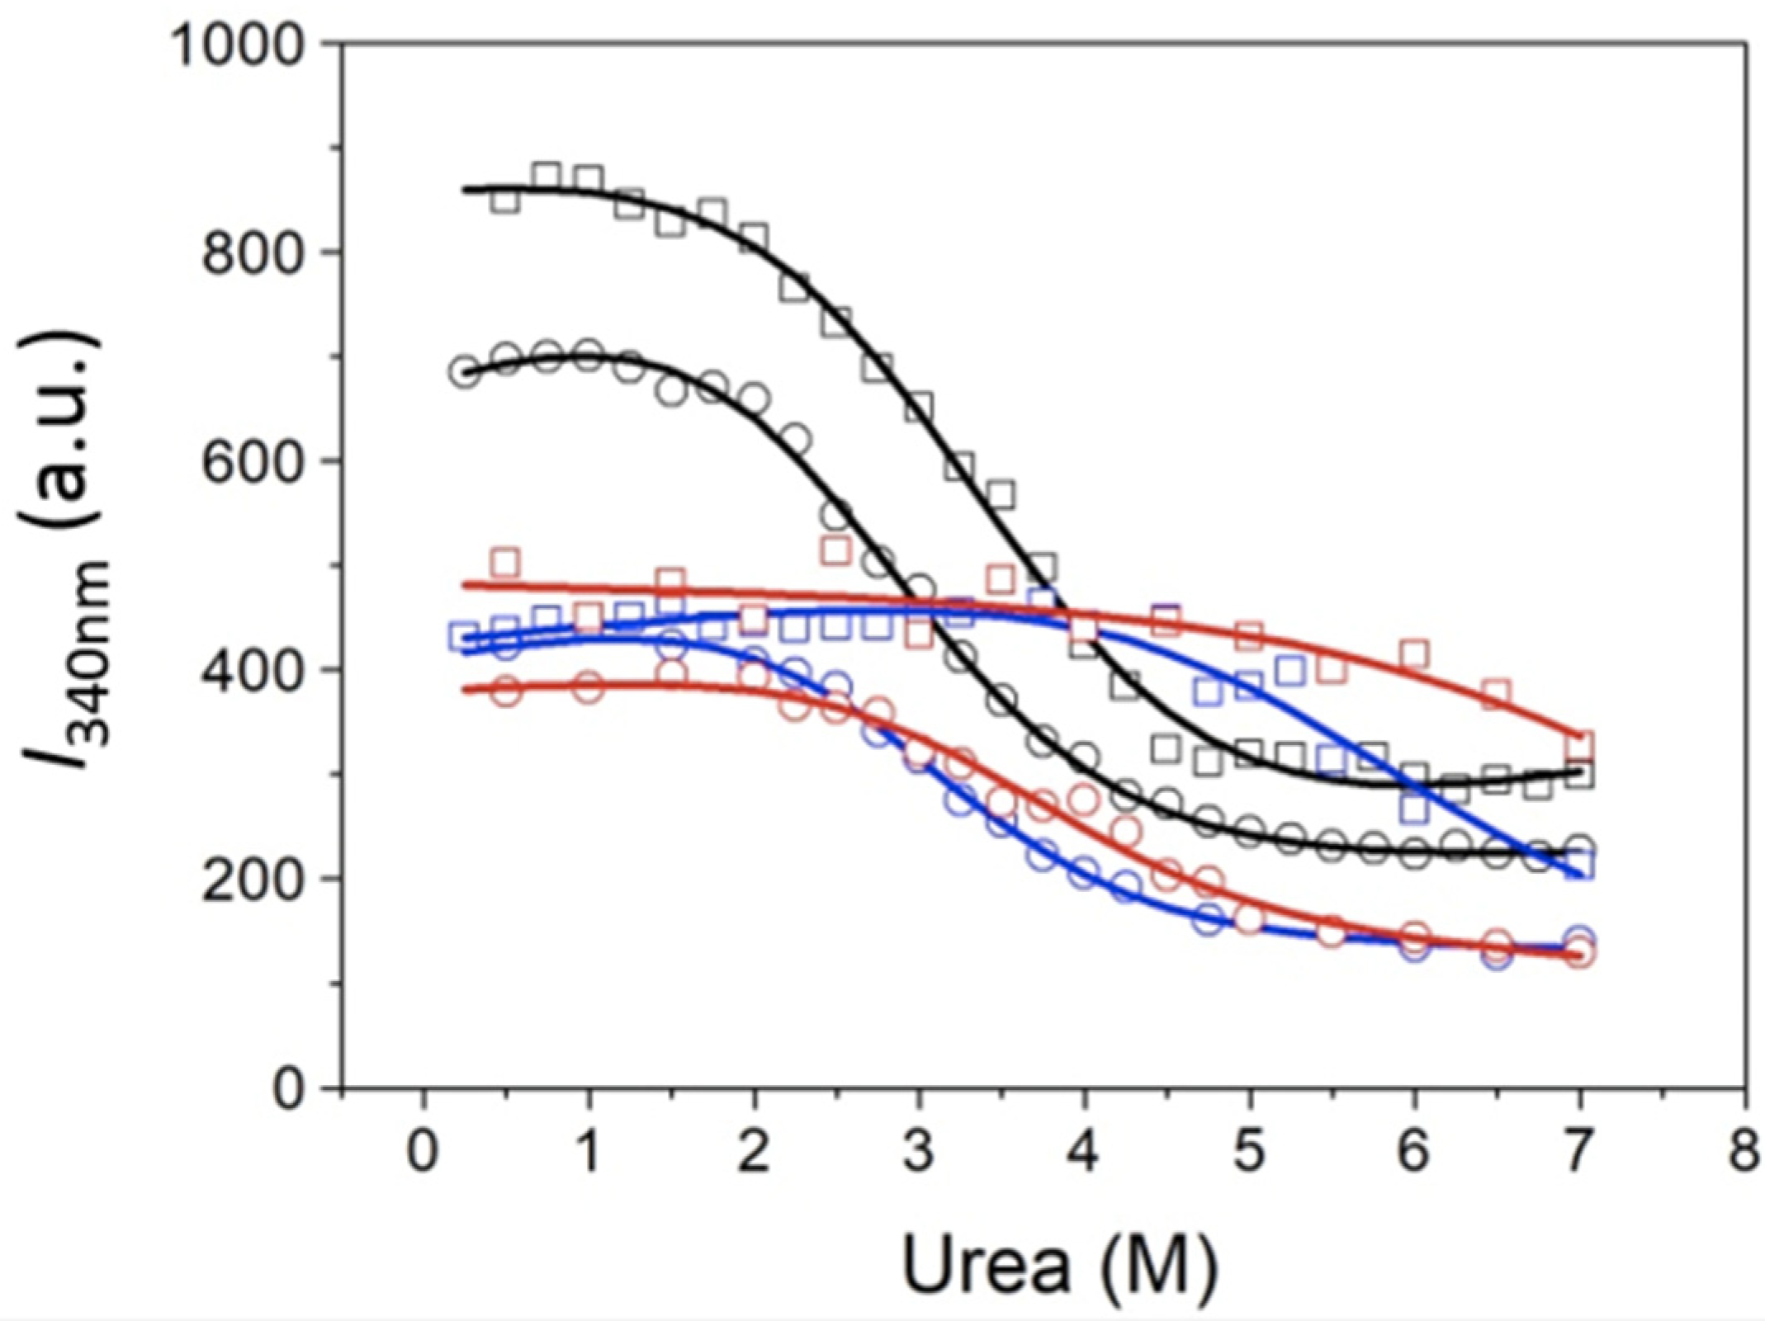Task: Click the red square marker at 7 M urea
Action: point(1579,746)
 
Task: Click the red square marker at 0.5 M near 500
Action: point(504,564)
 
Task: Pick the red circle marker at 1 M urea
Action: point(588,687)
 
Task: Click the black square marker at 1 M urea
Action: point(588,179)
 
